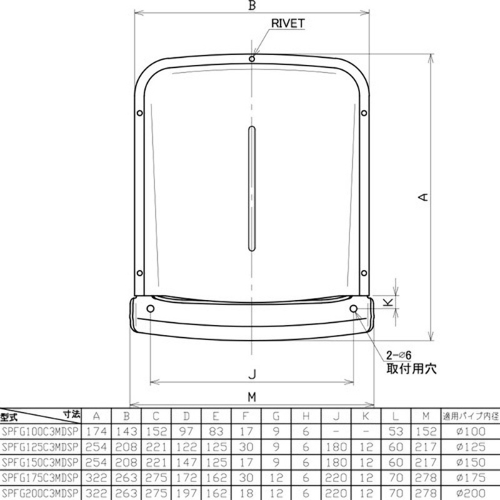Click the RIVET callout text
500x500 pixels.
(288, 23)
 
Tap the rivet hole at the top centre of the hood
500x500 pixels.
(251, 59)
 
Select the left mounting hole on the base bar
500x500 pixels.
(150, 309)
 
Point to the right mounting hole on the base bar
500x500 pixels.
(354, 309)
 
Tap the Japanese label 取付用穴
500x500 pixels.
(407, 369)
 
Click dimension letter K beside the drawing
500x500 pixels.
(389, 302)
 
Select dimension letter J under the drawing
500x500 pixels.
(251, 374)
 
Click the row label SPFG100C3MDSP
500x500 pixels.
(40, 431)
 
